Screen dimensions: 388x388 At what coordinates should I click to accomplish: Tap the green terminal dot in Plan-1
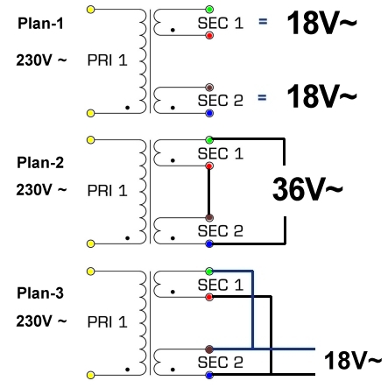tap(208, 10)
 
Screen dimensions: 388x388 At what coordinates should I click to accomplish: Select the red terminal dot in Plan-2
tap(208, 166)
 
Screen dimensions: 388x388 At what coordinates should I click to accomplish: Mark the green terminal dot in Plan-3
tap(208, 271)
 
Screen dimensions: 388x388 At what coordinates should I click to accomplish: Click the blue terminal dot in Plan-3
tap(208, 376)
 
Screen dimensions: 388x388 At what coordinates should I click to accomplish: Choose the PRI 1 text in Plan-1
tap(109, 60)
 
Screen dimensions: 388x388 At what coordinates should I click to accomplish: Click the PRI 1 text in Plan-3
tap(109, 321)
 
